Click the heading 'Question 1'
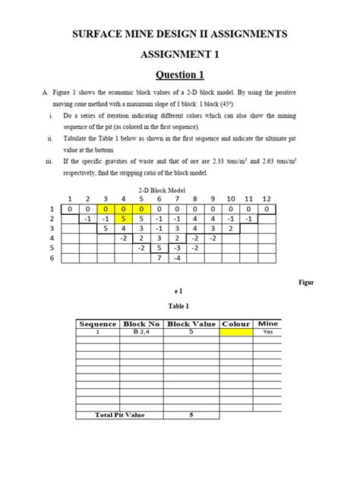(x=180, y=74)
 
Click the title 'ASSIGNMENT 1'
(x=180, y=55)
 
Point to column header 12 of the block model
(x=266, y=199)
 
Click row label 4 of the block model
(x=52, y=238)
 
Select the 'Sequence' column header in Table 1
(x=98, y=324)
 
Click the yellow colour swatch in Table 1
(x=235, y=332)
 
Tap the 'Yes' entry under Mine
(x=267, y=332)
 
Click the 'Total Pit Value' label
(x=120, y=415)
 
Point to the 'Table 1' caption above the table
(x=180, y=305)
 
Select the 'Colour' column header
(x=235, y=324)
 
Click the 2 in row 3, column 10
(x=230, y=228)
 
